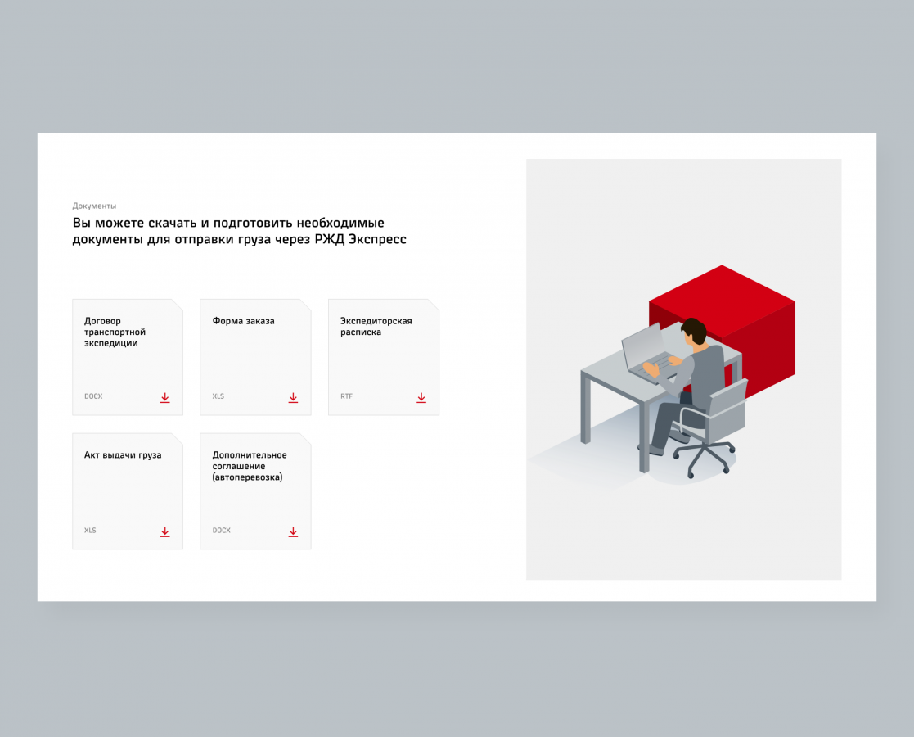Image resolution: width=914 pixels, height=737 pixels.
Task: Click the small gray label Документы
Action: [94, 206]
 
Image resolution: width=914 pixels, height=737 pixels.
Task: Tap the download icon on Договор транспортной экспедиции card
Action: [165, 397]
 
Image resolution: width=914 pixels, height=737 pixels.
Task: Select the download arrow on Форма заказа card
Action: [293, 397]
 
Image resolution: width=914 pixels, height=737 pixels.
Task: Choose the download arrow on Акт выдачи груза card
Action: [165, 531]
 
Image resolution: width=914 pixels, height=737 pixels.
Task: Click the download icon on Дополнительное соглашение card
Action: [293, 531]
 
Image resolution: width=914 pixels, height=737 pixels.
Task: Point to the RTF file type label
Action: [346, 396]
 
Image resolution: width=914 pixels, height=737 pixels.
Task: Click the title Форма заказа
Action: [243, 321]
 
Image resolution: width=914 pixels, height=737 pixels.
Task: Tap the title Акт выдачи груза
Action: [123, 455]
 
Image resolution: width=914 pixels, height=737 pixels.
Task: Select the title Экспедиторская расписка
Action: [376, 326]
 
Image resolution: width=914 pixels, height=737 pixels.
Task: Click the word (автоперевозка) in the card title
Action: [247, 477]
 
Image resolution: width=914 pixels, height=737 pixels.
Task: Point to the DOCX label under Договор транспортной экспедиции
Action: [93, 396]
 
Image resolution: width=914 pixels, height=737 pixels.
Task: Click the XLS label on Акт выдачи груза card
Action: [90, 531]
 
